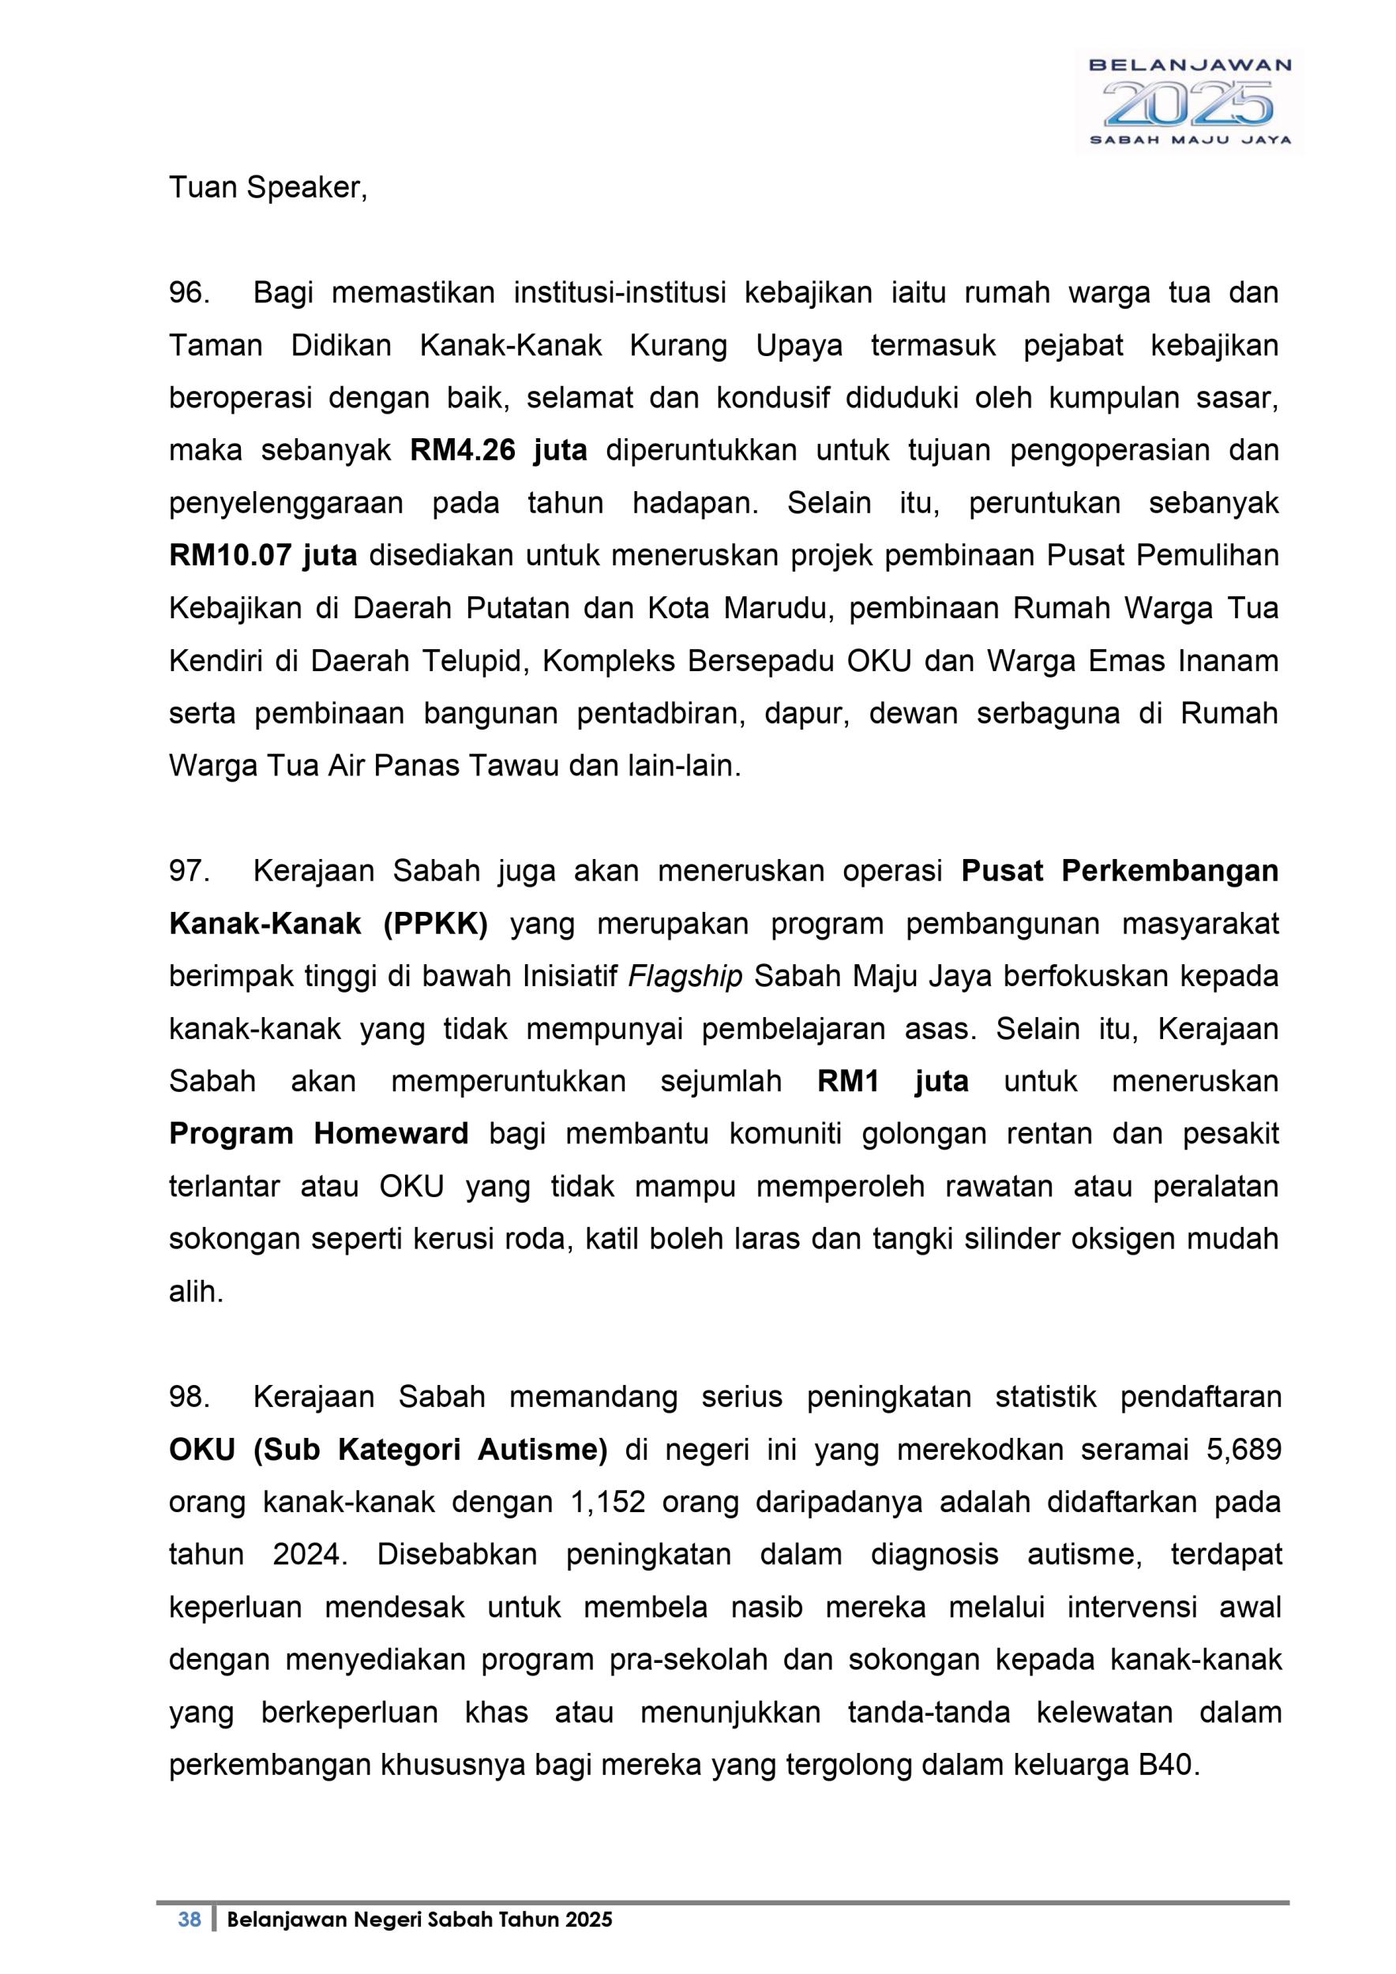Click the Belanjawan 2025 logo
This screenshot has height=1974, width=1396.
pos(1189,101)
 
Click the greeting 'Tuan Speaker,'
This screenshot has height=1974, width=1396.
pos(268,188)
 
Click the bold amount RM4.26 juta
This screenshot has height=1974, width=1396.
pos(498,451)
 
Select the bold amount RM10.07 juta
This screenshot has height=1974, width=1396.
pos(263,556)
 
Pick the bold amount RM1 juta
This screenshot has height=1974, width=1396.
pos(892,1082)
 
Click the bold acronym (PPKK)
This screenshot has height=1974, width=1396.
pos(435,925)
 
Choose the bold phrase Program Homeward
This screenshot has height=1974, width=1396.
pos(319,1134)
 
